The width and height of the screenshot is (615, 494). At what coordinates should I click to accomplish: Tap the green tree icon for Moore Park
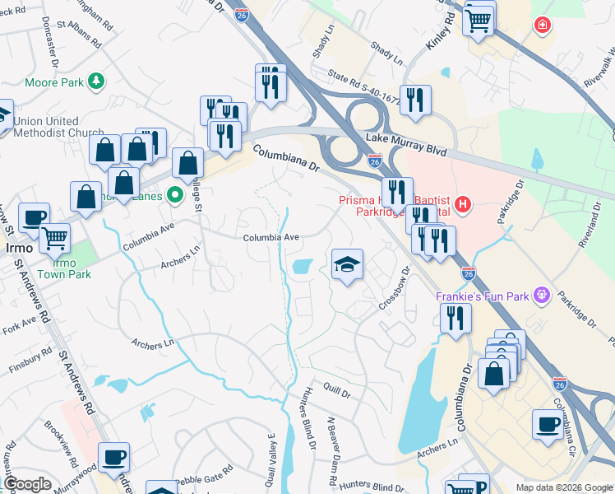point(97,81)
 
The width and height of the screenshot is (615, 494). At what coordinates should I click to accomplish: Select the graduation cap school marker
point(347,265)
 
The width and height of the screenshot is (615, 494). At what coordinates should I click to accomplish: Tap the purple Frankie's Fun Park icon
point(541,294)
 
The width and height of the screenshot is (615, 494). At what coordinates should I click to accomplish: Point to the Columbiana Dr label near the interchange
point(285,160)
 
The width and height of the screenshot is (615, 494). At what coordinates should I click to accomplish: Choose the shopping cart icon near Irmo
point(55,238)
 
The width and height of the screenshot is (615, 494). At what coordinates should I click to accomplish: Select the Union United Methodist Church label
point(58,127)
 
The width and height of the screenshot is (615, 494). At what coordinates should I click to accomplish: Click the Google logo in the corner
point(27,484)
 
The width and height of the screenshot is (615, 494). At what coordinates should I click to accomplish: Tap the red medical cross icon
point(542,26)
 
